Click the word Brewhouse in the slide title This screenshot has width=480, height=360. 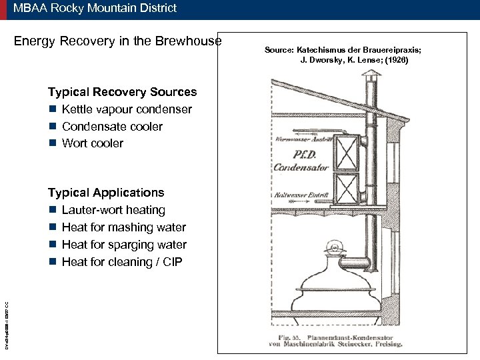[189, 41]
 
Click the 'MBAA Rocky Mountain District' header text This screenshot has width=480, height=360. [95, 8]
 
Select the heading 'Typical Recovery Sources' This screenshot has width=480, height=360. [122, 92]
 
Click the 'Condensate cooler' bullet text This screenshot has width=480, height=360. [112, 127]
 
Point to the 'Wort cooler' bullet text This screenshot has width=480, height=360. [93, 143]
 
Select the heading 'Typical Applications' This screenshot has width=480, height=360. [106, 193]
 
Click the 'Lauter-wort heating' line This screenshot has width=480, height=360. [113, 210]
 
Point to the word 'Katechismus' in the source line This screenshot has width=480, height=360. [319, 50]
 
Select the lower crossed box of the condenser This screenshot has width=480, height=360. [346, 189]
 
